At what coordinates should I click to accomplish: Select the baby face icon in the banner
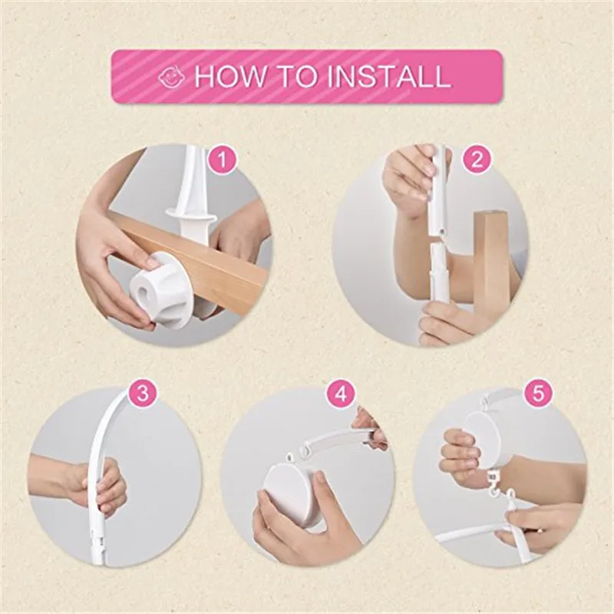coord(171,77)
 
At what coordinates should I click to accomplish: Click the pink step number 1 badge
coord(223,160)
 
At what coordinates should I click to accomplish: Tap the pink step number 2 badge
coord(477,160)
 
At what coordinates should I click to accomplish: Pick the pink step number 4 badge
coord(341,394)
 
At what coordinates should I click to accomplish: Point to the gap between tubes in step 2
coord(437,238)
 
